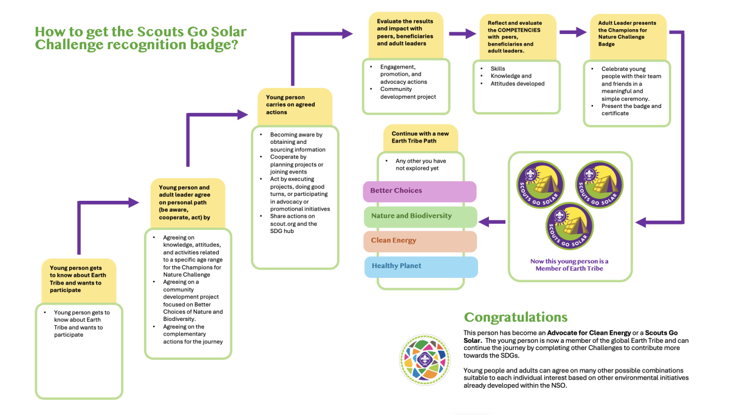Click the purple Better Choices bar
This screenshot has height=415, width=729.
click(419, 191)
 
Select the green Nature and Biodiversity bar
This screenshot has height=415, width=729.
click(419, 216)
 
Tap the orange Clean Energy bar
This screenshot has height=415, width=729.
click(419, 241)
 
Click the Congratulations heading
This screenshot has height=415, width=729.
click(515, 317)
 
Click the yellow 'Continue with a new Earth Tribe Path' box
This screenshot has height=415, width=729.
click(420, 138)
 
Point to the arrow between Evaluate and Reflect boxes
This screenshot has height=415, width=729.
click(461, 33)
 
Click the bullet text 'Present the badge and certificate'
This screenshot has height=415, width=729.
click(631, 110)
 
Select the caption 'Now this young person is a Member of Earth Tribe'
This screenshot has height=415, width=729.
click(569, 265)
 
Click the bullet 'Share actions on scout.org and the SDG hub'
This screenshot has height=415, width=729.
click(293, 223)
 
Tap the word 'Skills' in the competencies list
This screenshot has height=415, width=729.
click(498, 69)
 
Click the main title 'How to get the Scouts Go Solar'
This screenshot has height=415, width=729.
click(141, 32)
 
